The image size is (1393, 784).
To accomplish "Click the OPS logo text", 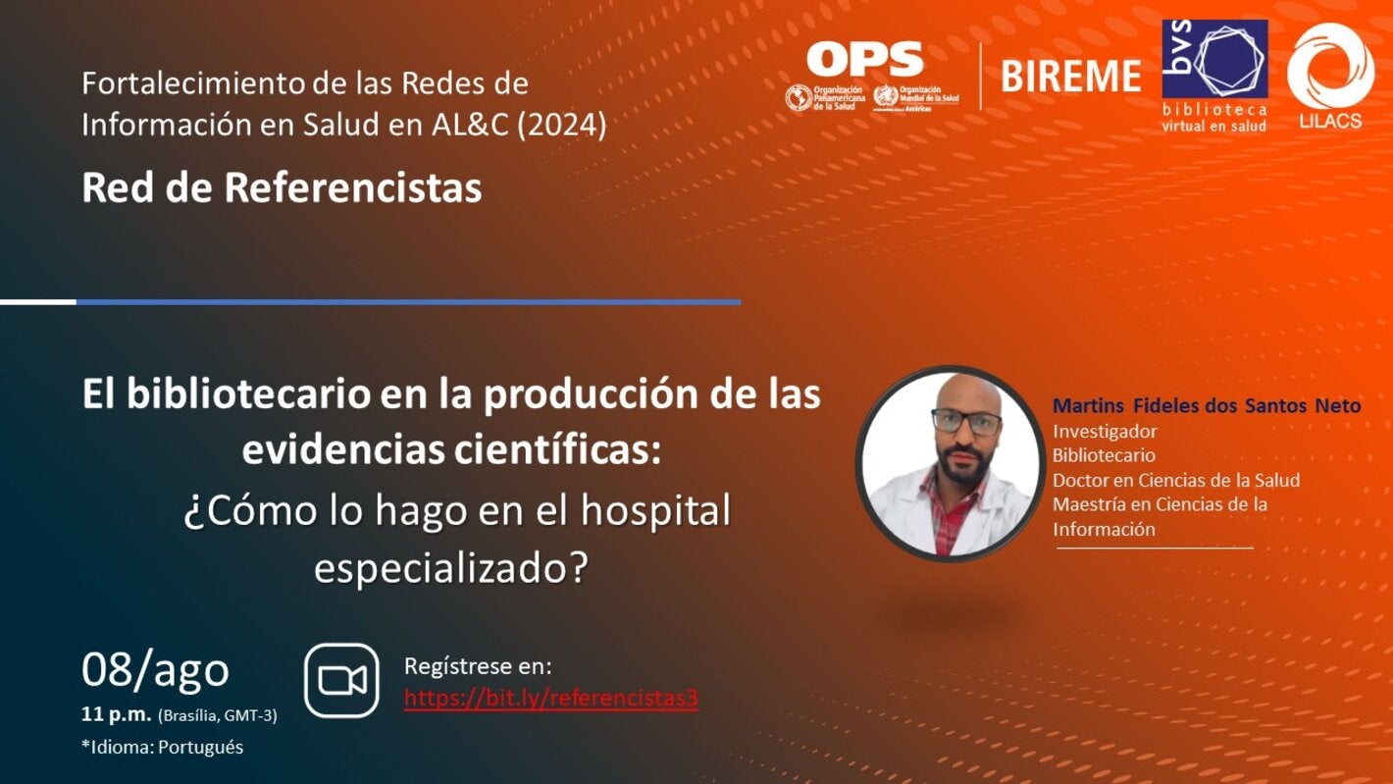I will coord(864,60).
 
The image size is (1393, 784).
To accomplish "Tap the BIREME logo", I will coord(1071,76).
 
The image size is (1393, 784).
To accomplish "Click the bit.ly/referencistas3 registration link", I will coord(551,699).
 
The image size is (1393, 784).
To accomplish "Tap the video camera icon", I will coord(341,680).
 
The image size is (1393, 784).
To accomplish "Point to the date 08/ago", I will coord(155,669).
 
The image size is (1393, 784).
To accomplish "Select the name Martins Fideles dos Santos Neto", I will coord(1206,405).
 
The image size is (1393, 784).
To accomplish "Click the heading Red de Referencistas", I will coord(282,187).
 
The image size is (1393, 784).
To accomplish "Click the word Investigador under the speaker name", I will coord(1105,431).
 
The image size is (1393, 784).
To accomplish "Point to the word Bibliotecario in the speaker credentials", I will coord(1104,455).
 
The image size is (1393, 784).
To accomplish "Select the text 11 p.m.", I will coord(116,715).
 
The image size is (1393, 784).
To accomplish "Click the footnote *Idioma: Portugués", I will coord(162,747).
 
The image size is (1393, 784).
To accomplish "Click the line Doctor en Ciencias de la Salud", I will coord(1175,480).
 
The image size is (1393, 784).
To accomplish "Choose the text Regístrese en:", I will coord(478,667).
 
